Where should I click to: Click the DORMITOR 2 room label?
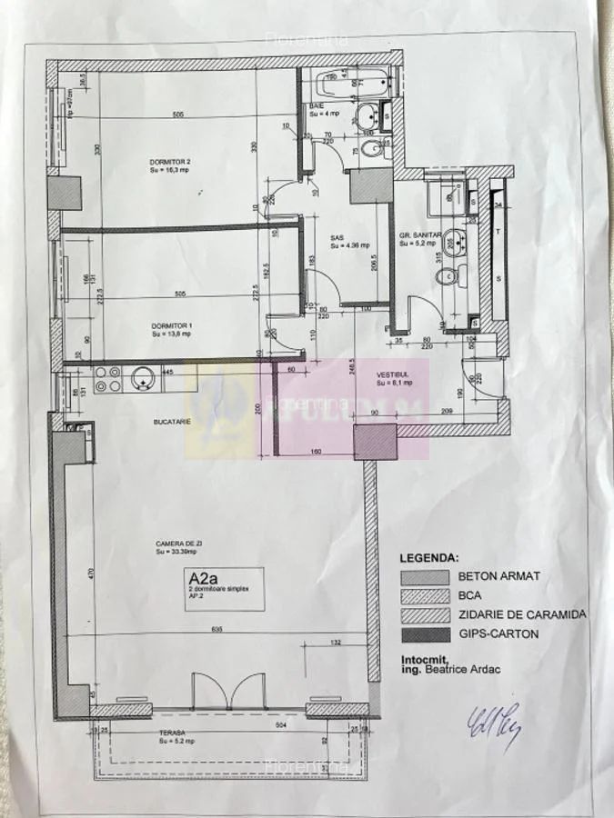tap(169, 164)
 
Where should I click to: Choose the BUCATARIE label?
tap(170, 422)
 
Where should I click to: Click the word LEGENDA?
tap(429, 557)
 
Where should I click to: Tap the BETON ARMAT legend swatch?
tap(424, 576)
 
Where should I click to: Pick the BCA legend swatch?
tap(424, 595)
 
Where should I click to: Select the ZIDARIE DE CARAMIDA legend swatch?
tap(424, 614)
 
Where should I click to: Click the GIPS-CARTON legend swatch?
tap(424, 634)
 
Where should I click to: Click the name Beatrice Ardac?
tap(458, 670)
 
